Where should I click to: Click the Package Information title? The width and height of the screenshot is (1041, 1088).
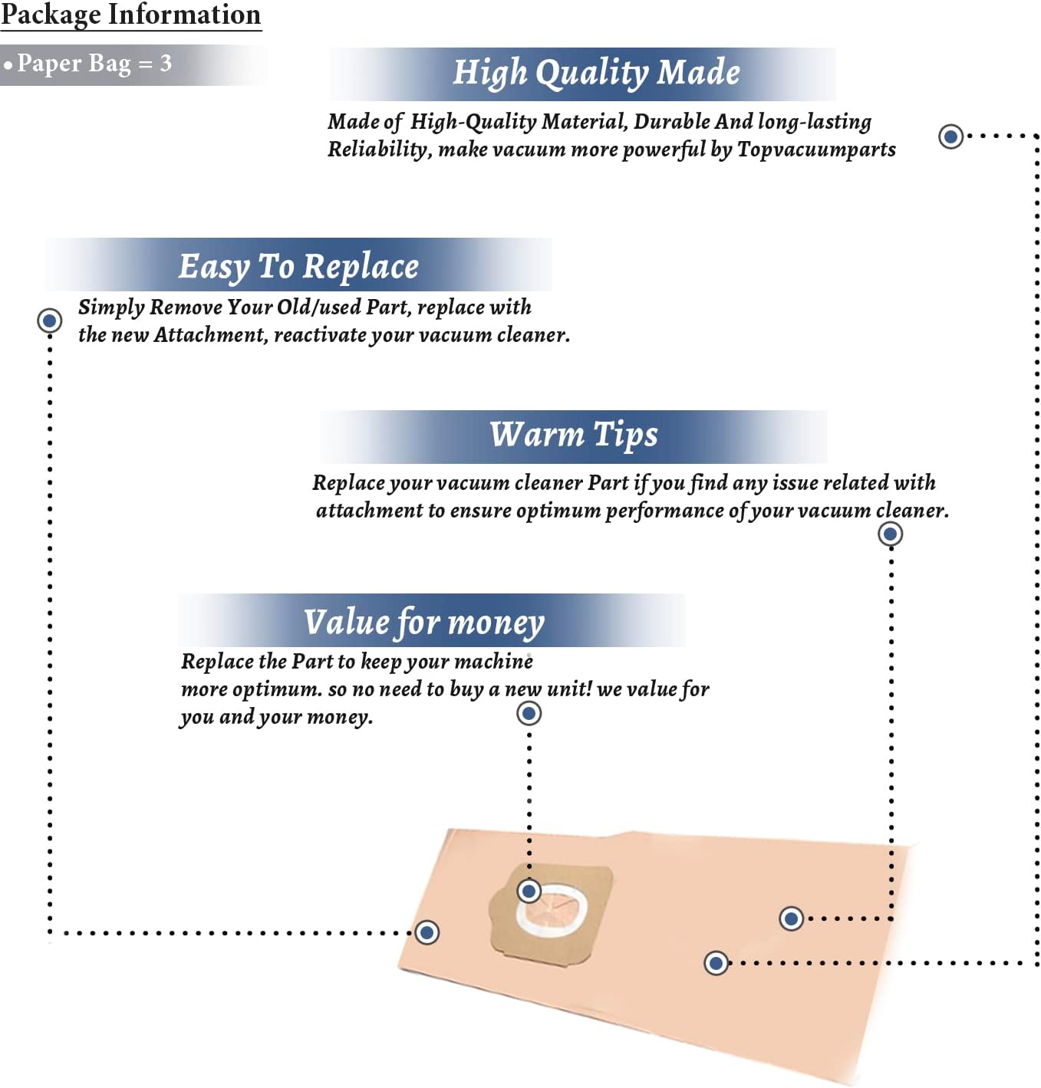(131, 15)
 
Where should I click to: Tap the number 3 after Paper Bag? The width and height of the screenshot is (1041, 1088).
(165, 63)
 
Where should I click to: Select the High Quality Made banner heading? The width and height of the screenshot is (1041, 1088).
(596, 74)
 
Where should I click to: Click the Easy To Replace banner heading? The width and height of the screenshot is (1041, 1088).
(298, 268)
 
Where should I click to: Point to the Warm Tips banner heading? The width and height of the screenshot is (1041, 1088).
(573, 436)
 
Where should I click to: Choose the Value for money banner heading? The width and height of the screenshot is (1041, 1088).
(423, 623)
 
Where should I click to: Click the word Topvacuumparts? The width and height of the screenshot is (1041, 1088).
(816, 150)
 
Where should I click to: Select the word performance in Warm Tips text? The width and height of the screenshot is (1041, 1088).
(664, 511)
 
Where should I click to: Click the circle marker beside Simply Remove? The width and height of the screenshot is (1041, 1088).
(49, 321)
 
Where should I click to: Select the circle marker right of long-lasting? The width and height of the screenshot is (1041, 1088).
(950, 136)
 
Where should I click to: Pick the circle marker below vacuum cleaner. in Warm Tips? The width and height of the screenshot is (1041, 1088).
(890, 534)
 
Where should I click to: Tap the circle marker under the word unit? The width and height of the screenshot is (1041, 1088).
(529, 713)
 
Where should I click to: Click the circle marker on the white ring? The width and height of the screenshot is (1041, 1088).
(529, 891)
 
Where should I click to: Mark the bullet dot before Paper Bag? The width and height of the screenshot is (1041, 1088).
(7, 65)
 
